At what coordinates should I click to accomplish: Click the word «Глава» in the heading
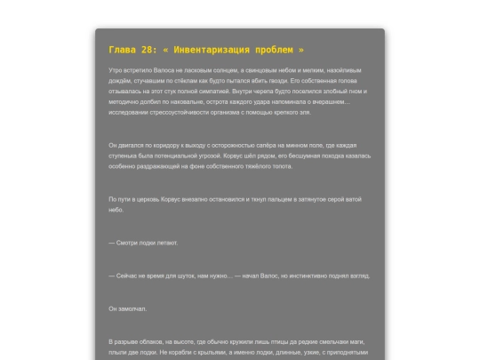123,50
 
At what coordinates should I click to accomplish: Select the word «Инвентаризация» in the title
220,50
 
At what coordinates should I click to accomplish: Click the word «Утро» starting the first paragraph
116,69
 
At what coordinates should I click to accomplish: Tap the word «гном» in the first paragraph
353,90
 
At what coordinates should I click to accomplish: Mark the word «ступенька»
129,156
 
